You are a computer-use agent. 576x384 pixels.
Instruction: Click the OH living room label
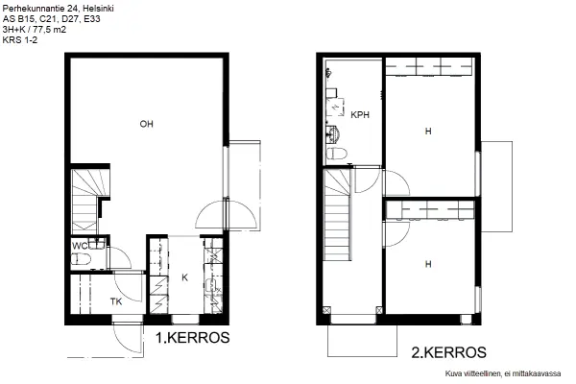(146, 124)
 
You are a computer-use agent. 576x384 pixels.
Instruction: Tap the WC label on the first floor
(80, 246)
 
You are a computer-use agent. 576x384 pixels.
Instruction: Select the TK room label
(116, 301)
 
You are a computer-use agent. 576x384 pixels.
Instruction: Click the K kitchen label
(184, 277)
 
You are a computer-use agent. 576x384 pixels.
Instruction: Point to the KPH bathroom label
(360, 115)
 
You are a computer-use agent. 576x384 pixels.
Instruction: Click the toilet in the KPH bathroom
(337, 154)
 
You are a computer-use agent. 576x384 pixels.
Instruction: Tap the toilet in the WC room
(81, 260)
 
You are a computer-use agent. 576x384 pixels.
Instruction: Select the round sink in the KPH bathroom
(333, 133)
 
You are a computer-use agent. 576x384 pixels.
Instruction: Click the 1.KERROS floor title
(193, 338)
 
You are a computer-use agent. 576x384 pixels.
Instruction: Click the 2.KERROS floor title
(449, 352)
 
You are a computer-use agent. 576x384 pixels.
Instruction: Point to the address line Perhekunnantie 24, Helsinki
(58, 9)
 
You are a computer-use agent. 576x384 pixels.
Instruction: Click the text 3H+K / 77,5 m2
(35, 30)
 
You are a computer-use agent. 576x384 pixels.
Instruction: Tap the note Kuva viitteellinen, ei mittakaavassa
(503, 373)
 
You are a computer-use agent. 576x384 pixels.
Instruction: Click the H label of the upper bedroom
(428, 132)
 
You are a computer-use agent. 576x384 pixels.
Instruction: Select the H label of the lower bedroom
(428, 264)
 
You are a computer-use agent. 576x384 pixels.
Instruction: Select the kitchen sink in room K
(212, 285)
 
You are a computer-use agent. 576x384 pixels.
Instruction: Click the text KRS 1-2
(20, 40)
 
